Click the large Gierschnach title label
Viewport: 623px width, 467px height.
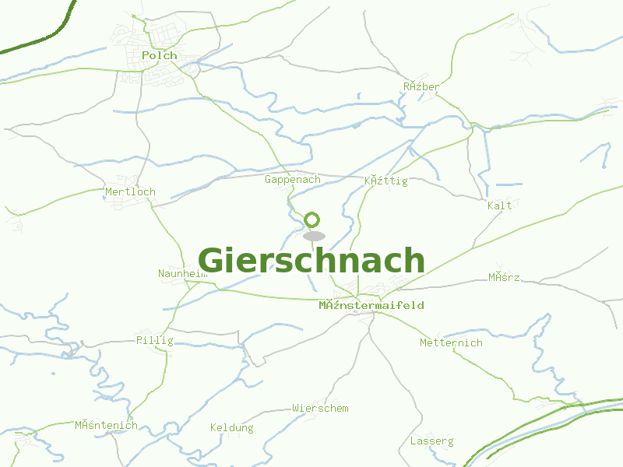click(311, 261)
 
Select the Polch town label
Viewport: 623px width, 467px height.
click(160, 56)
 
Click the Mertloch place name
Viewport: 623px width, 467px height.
click(130, 191)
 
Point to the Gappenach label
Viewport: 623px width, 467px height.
click(293, 180)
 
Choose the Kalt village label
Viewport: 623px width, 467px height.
click(500, 205)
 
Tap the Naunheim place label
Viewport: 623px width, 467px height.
click(183, 273)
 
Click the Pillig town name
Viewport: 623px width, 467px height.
click(155, 340)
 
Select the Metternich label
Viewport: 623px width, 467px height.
click(451, 342)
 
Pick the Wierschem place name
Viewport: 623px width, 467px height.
click(320, 408)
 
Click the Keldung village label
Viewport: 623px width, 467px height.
click(232, 427)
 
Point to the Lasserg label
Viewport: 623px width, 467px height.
click(431, 441)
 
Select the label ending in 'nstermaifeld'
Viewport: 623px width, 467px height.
click(371, 305)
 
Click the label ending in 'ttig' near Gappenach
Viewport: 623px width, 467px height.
click(385, 181)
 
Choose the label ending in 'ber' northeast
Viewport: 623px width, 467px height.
click(421, 86)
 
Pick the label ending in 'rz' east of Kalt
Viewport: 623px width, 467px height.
click(504, 277)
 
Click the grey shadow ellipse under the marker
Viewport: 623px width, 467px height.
click(314, 236)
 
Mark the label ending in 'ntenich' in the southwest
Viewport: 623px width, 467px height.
click(106, 425)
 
